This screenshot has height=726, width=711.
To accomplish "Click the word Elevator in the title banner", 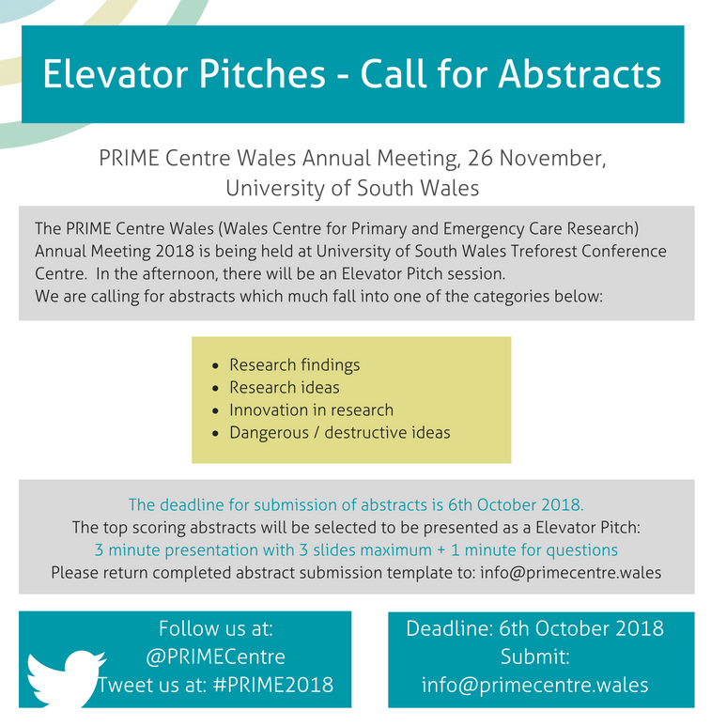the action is tap(116, 73).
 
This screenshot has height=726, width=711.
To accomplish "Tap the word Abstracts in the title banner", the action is tap(580, 73).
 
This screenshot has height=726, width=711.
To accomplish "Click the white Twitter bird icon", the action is tap(66, 679).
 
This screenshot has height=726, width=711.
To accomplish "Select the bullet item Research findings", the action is tap(294, 364).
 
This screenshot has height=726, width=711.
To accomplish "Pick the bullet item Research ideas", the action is tap(285, 387).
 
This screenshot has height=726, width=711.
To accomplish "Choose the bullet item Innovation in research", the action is tap(311, 409).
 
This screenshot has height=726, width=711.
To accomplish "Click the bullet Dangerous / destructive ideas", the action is tap(340, 432).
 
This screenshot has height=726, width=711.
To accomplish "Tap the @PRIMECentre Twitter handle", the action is tap(216, 656).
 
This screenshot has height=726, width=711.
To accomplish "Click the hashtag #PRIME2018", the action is tap(273, 685).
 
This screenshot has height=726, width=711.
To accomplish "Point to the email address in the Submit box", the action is tap(534, 686).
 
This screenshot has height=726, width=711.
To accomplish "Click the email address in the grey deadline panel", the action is tap(571, 573).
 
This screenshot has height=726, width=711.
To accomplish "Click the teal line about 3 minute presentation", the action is tap(356, 550).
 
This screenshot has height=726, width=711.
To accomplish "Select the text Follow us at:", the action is tap(216, 628).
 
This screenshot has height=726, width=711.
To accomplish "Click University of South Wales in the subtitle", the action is tap(352, 188).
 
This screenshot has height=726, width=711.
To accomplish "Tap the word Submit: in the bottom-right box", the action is tap(534, 656).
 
